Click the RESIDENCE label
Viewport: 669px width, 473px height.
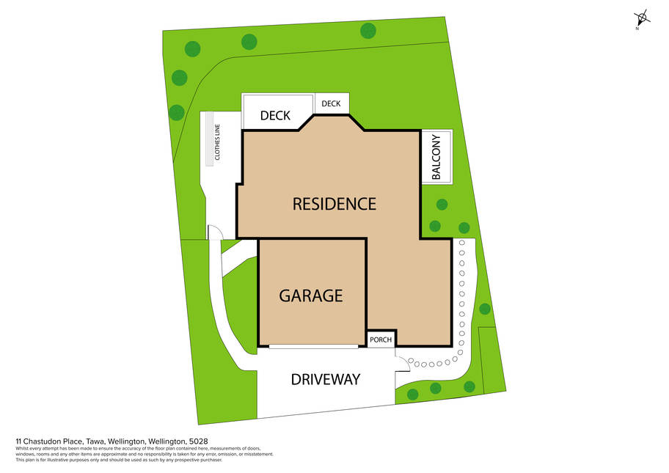point(334,204)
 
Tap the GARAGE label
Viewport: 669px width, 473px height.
point(310,296)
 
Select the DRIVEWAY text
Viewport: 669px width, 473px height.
point(326,379)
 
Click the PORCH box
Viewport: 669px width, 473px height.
point(381,340)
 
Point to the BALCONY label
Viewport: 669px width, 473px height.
point(436,157)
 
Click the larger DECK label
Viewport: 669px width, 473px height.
point(275,116)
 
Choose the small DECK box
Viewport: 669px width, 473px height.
point(332,103)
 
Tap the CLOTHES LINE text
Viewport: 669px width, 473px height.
point(217,142)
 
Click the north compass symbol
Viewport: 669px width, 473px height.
point(642,18)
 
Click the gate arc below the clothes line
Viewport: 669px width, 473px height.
point(216,231)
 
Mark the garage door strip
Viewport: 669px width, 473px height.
point(314,347)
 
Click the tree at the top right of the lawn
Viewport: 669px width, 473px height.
point(368,31)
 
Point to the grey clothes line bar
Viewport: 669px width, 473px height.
point(209,139)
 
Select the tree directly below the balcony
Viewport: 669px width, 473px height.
point(442,205)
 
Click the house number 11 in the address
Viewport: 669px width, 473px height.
point(18,441)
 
